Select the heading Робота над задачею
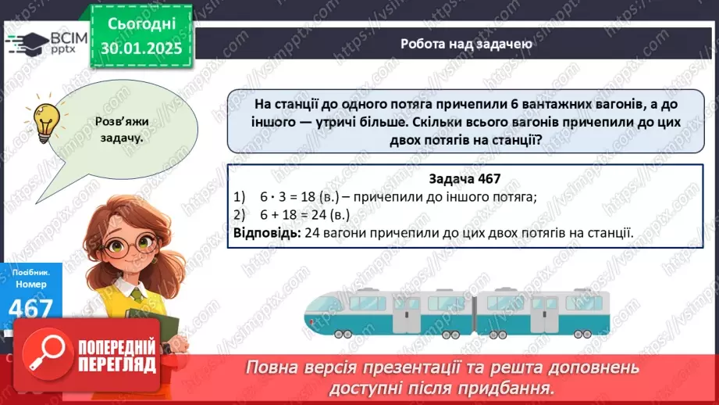pos(466,44)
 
